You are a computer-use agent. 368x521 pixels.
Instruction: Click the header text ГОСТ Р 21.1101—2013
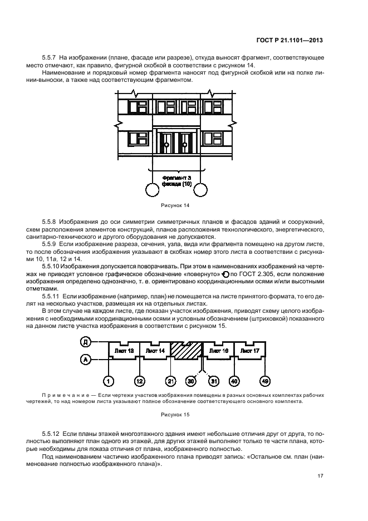[290, 41]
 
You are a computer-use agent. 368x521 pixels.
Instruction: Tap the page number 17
[320, 476]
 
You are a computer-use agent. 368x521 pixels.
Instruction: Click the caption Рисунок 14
[175, 205]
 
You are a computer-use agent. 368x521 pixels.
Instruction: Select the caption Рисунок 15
[175, 415]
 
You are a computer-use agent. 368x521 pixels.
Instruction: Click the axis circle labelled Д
[86, 342]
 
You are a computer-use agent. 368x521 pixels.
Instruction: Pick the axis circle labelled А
[86, 359]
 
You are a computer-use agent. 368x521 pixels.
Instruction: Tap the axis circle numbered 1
[109, 381]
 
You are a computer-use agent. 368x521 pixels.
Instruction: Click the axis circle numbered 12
[139, 381]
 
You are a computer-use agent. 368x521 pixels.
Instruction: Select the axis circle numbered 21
[170, 381]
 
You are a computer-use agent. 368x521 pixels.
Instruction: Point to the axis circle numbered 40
[234, 381]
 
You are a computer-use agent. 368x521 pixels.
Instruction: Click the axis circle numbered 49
[265, 381]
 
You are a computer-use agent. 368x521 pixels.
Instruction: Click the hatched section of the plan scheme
[186, 351]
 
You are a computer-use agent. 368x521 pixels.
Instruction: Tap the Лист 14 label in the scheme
[155, 351]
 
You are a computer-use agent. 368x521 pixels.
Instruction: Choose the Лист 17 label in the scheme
[249, 351]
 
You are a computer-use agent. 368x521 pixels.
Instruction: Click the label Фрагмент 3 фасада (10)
[176, 181]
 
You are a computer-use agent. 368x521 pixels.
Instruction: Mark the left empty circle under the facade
[153, 190]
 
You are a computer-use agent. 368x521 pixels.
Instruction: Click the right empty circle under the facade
[200, 190]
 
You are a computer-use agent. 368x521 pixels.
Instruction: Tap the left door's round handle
[166, 145]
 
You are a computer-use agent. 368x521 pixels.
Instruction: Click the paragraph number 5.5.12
[51, 434]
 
